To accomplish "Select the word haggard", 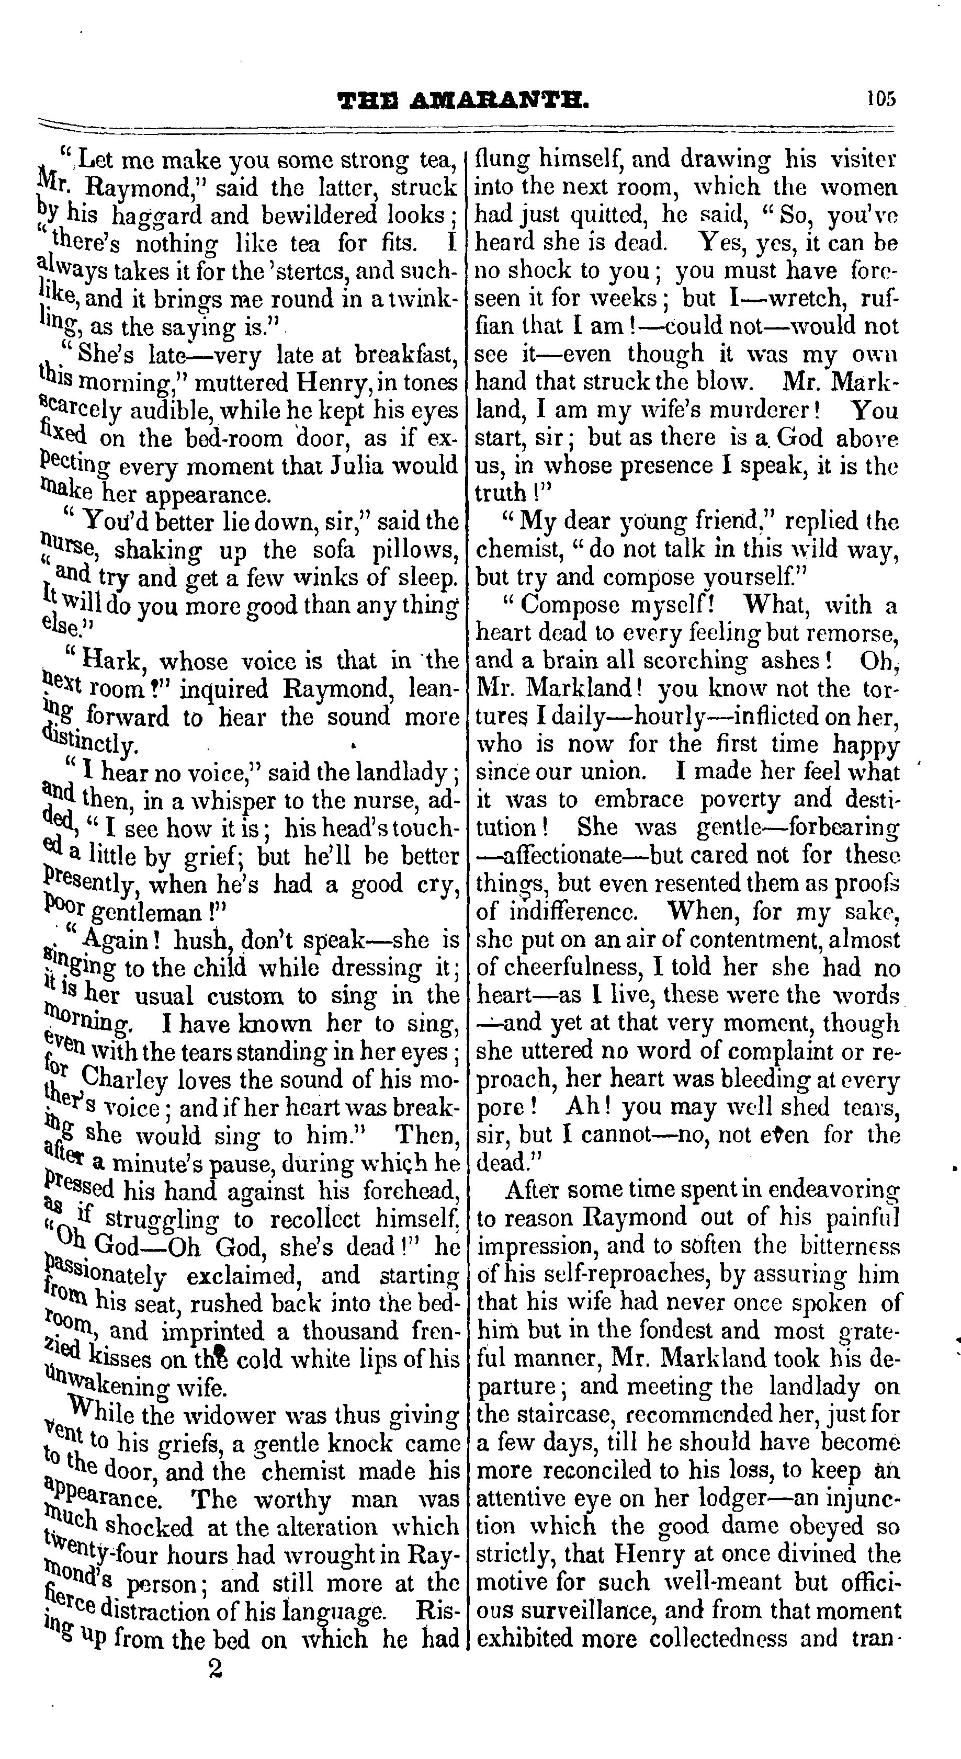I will coord(156,216).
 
